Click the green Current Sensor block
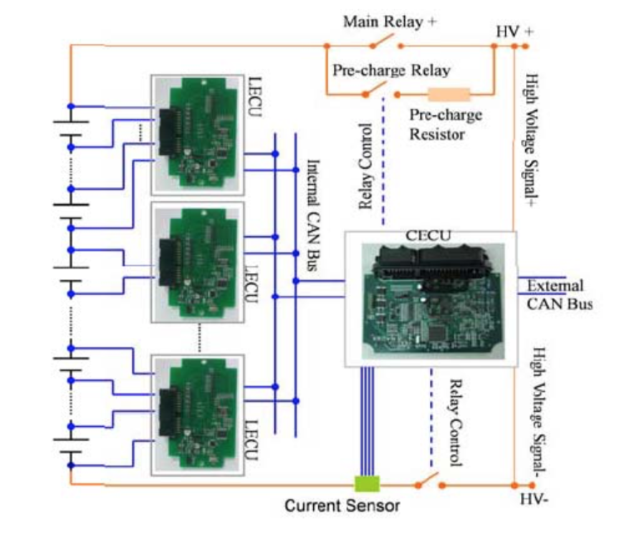[367, 484]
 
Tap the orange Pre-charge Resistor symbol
[449, 94]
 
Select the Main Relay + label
[390, 21]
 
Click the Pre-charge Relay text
[391, 70]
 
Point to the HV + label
[514, 32]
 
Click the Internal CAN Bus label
[312, 214]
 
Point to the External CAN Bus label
[559, 295]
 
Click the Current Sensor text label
[342, 506]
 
